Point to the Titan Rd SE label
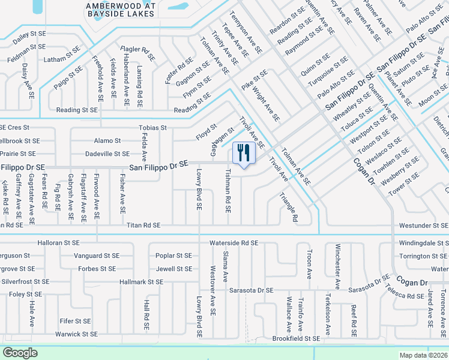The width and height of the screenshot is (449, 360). click(x=144, y=225)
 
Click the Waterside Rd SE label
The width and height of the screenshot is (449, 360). click(x=234, y=243)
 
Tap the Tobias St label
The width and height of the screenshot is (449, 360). click(x=152, y=128)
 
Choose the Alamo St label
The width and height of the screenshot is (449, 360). click(x=107, y=140)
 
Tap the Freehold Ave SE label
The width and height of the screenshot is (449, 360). click(x=100, y=77)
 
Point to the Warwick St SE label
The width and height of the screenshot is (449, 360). click(x=76, y=334)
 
